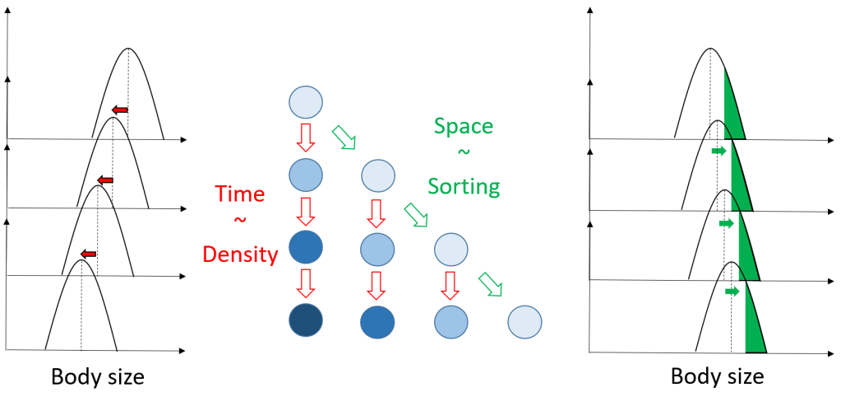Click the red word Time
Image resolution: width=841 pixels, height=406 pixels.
pos(240,194)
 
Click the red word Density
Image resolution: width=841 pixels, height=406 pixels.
pos(241,254)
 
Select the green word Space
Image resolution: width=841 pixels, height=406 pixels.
pos(463,127)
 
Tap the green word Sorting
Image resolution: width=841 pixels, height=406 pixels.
pos(464,187)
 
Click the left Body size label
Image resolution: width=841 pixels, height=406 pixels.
pos(98,378)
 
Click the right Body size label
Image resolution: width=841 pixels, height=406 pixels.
pos(717,377)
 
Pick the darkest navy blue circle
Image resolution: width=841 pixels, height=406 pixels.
pos(306,320)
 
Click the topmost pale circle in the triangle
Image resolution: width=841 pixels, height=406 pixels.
pos(306,104)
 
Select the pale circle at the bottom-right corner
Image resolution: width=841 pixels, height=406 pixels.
pos(524,321)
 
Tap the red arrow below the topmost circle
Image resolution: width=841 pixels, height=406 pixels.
pos(306,138)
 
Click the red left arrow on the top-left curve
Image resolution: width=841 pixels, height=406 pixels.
pos(120,109)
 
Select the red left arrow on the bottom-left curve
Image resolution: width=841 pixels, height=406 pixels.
pos(88,254)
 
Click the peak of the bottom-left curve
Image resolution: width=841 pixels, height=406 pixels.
pos(81,260)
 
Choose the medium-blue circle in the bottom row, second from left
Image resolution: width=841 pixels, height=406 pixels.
pos(377,321)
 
